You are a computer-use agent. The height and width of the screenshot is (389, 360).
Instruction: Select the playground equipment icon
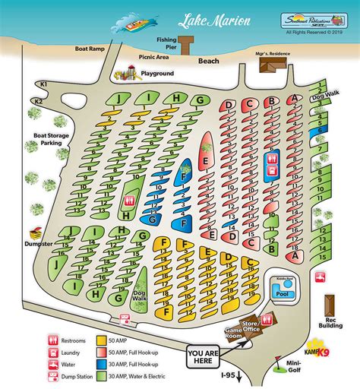pos(127,73)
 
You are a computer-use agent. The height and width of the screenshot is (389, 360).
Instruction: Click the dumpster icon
pos(34,233)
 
